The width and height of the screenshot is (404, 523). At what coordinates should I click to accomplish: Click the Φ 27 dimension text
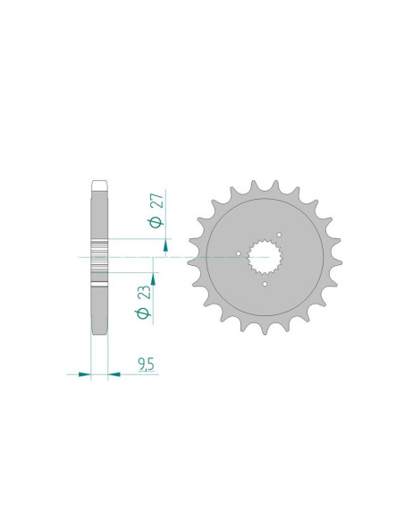(156, 210)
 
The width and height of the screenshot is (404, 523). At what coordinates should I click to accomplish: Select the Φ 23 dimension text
(143, 302)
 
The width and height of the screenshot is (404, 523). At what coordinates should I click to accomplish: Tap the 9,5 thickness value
(146, 364)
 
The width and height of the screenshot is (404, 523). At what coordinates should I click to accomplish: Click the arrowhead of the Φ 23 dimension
(153, 279)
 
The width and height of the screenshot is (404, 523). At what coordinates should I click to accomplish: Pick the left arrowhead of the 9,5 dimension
(85, 374)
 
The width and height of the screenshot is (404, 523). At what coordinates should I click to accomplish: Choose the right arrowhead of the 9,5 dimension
(114, 374)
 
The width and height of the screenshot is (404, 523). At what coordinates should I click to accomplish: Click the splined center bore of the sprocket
(265, 257)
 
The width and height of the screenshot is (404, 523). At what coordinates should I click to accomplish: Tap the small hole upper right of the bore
(279, 235)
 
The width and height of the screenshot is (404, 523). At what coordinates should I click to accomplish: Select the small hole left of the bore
(239, 253)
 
